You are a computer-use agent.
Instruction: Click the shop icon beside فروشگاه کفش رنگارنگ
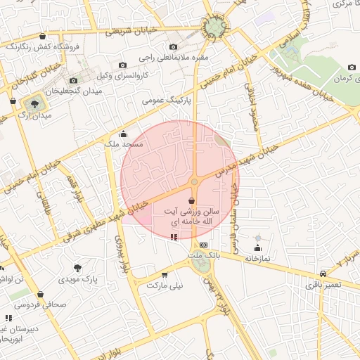pyautogui.click(x=43, y=36)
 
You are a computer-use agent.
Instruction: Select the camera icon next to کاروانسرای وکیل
pyautogui.click(x=123, y=65)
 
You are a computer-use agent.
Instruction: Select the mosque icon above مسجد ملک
pyautogui.click(x=124, y=134)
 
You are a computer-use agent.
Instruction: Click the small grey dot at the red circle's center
pyautogui.click(x=194, y=183)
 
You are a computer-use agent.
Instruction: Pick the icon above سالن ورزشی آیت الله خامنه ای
pyautogui.click(x=192, y=201)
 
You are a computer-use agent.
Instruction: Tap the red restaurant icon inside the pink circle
pyautogui.click(x=174, y=237)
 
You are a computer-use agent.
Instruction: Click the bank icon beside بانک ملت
pyautogui.click(x=204, y=244)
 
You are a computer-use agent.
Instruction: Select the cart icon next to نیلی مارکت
pyautogui.click(x=165, y=275)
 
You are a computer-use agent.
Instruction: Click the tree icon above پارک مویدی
pyautogui.click(x=77, y=268)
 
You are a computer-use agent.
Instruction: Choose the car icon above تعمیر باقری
pyautogui.click(x=323, y=274)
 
